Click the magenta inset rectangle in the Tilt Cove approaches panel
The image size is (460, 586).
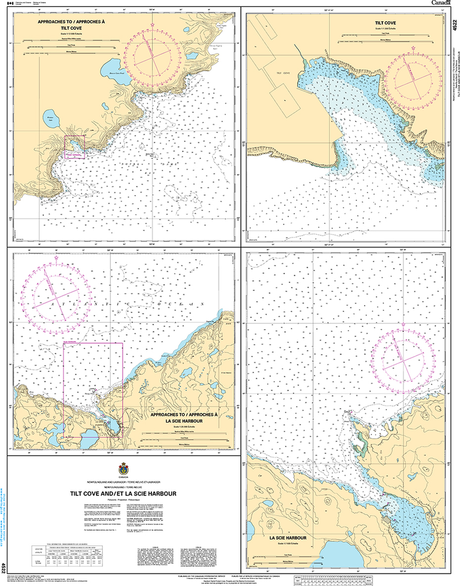click(x=74, y=147)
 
